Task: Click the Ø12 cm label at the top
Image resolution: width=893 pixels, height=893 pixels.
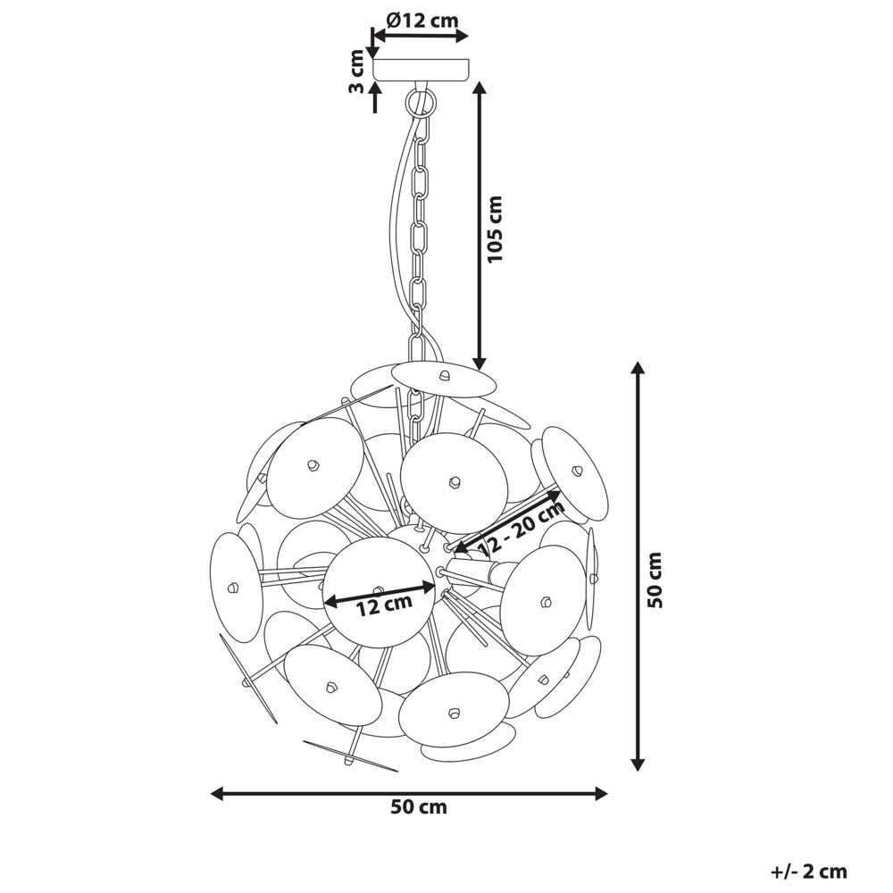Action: click(x=422, y=21)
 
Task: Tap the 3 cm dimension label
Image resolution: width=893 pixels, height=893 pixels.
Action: click(x=356, y=71)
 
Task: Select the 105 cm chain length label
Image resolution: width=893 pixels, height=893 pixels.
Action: click(x=495, y=229)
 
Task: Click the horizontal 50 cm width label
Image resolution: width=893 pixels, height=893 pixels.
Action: click(x=419, y=807)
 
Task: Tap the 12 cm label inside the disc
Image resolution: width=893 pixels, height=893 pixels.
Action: click(x=384, y=605)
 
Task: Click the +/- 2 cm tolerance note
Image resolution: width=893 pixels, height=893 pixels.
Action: click(x=809, y=871)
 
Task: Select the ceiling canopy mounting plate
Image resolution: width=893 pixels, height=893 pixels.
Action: click(x=421, y=69)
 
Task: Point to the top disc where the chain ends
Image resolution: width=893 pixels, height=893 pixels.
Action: click(x=444, y=378)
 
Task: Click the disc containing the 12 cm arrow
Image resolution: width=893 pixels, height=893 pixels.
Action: click(x=380, y=592)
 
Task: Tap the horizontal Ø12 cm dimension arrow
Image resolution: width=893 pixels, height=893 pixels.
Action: click(x=421, y=36)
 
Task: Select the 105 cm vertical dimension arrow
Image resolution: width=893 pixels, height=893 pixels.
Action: click(x=480, y=226)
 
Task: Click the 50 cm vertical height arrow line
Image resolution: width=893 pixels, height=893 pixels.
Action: click(x=638, y=565)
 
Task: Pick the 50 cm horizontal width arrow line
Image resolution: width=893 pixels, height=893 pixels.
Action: click(x=409, y=793)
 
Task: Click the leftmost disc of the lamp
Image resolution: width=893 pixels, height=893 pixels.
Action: click(x=237, y=588)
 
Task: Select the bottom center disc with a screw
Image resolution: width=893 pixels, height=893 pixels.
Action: click(x=454, y=710)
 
